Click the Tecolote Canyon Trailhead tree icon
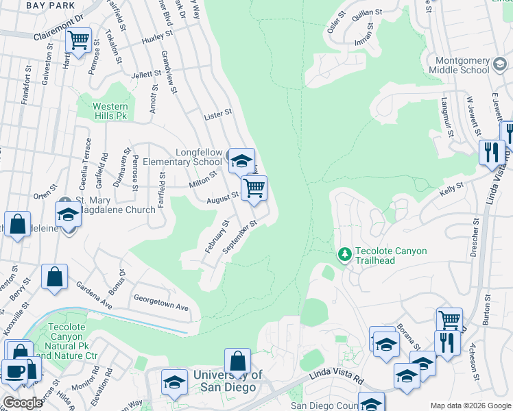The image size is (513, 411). point(345,255)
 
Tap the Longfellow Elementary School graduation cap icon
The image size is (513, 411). point(241,161)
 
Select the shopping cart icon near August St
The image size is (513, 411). point(254,187)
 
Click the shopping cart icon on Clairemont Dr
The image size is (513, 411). point(79,40)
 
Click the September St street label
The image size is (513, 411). point(240,236)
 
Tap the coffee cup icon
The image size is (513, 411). point(14,371)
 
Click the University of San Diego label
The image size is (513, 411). point(228,381)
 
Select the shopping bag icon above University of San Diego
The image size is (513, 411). point(237,361)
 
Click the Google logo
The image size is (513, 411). point(23,403)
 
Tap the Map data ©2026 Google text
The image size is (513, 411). point(470,406)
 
